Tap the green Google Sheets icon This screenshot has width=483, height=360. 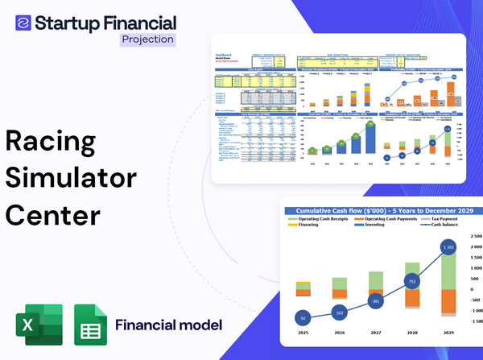90,325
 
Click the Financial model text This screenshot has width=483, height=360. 168,325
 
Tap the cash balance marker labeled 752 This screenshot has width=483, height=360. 411,282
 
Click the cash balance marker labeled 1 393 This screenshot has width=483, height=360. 448,245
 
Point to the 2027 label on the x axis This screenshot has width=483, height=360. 374,332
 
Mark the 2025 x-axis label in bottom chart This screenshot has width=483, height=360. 303,332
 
